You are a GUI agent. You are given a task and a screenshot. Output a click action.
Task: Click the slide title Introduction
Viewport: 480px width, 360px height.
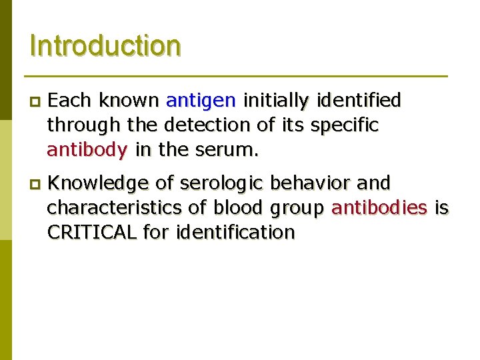point(105,46)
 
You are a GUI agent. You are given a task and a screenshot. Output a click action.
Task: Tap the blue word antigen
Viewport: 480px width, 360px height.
point(201,101)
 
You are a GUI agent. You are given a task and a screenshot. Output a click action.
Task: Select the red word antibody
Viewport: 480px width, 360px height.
point(87,150)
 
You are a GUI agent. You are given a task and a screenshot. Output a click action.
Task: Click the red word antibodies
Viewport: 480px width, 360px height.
point(379,208)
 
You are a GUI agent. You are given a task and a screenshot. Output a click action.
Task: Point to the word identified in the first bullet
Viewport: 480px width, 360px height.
point(359,101)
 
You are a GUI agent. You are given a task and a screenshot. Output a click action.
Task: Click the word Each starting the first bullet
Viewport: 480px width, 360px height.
point(70,101)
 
